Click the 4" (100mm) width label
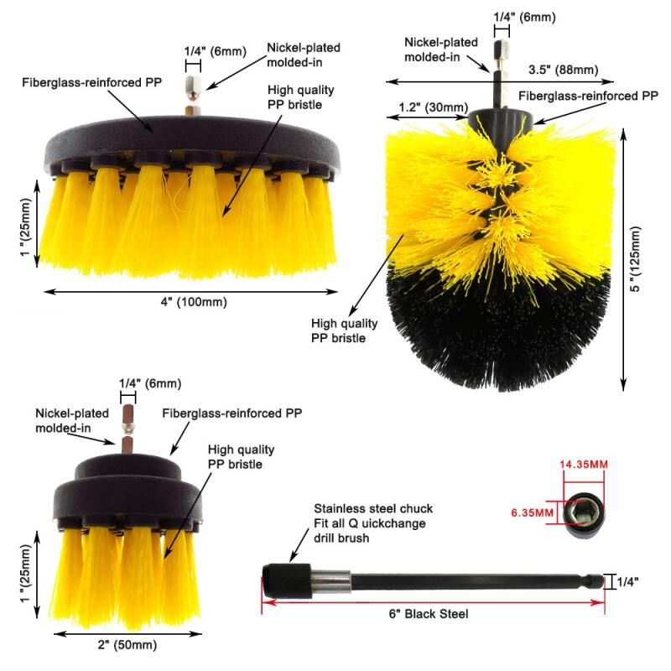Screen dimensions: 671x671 (x=194, y=302)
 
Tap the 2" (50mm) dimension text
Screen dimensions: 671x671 (x=127, y=644)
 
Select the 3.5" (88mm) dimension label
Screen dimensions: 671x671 (x=563, y=70)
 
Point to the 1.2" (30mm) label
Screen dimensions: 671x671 (x=434, y=107)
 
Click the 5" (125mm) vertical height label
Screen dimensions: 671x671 (x=636, y=259)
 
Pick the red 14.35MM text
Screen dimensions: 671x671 (x=584, y=465)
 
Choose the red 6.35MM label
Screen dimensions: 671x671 (x=533, y=512)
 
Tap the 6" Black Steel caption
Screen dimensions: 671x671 (x=429, y=614)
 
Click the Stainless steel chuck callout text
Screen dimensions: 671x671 (x=373, y=523)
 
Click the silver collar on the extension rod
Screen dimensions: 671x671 (x=330, y=581)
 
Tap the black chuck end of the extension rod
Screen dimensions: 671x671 (x=287, y=580)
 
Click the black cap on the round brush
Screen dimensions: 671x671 (x=497, y=117)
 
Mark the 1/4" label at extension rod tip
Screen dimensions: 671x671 (x=627, y=582)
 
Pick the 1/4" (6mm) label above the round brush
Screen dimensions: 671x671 (x=525, y=18)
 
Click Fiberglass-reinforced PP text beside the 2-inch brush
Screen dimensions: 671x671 (x=232, y=414)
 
